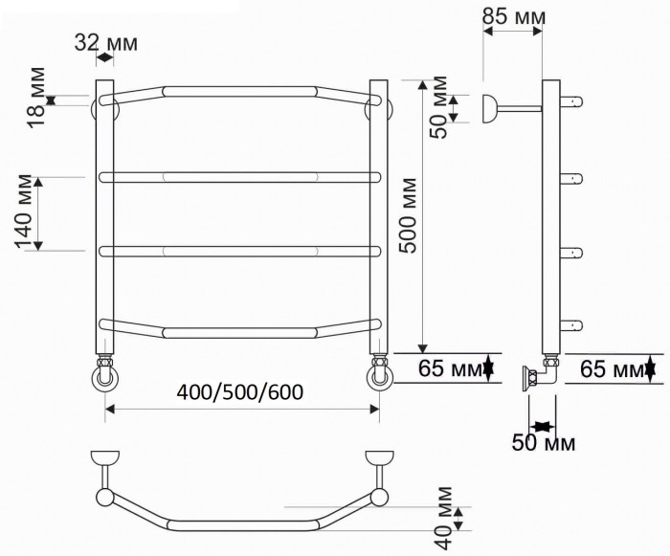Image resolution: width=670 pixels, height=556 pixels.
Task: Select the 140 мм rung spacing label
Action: click(26, 212)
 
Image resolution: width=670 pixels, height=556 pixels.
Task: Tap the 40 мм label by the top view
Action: click(442, 518)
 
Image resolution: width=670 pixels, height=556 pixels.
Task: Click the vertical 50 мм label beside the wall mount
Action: click(438, 104)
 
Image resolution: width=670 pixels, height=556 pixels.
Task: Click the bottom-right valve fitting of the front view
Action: click(379, 374)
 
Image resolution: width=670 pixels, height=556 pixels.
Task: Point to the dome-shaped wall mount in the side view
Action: click(490, 108)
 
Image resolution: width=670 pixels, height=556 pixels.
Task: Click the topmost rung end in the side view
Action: click(573, 99)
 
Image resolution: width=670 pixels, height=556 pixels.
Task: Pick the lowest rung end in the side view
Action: click(573, 323)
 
